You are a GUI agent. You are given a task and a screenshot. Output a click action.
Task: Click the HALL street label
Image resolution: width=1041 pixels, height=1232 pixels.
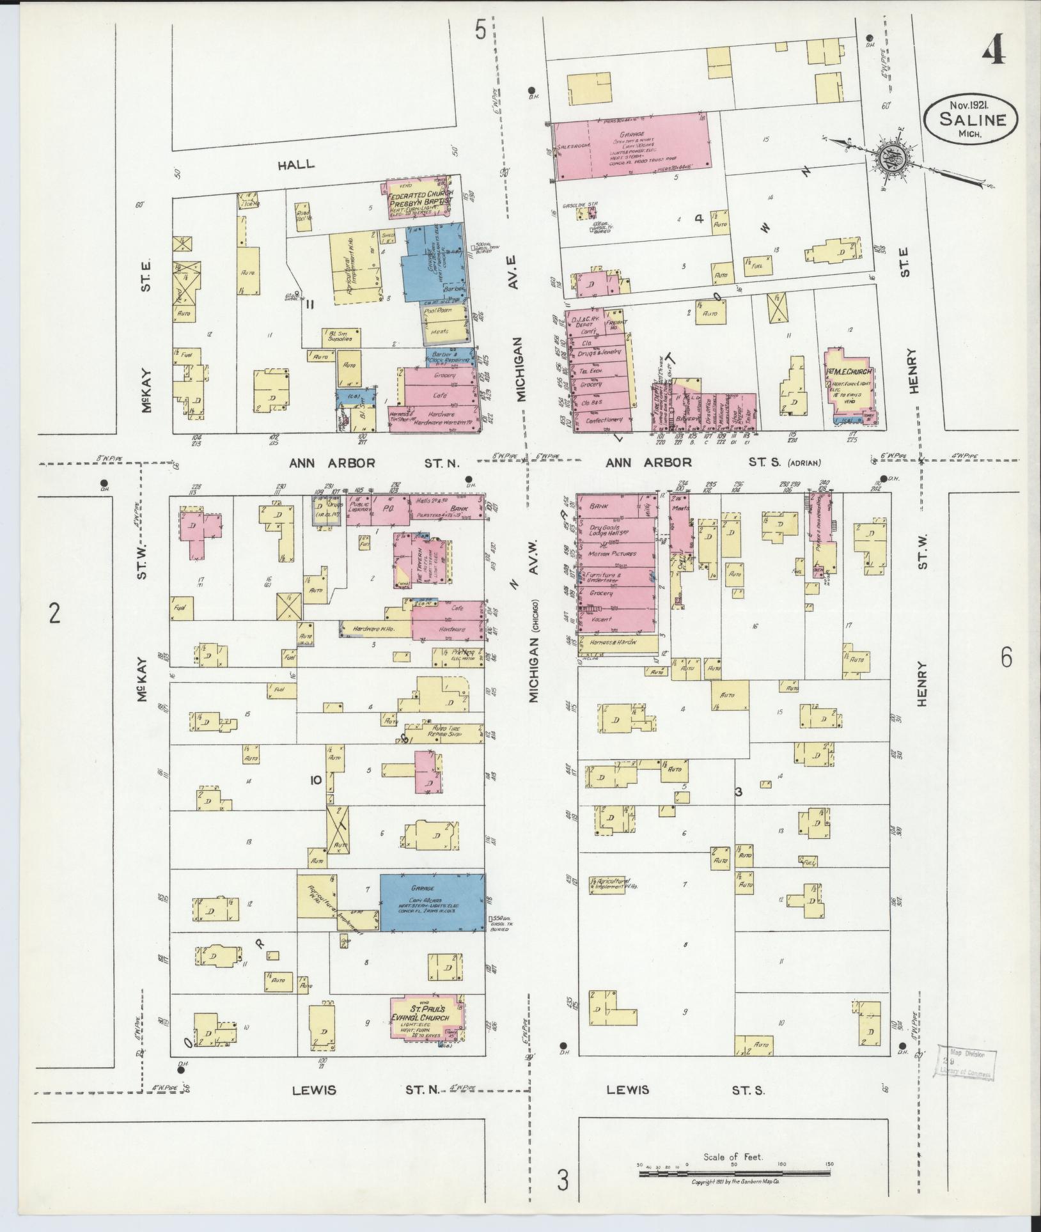pyautogui.click(x=296, y=164)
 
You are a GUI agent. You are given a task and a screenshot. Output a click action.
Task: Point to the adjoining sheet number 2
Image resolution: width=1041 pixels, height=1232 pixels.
pyautogui.click(x=54, y=614)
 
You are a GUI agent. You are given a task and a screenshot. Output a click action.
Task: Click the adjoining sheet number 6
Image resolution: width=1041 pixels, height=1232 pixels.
pyautogui.click(x=1006, y=657)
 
